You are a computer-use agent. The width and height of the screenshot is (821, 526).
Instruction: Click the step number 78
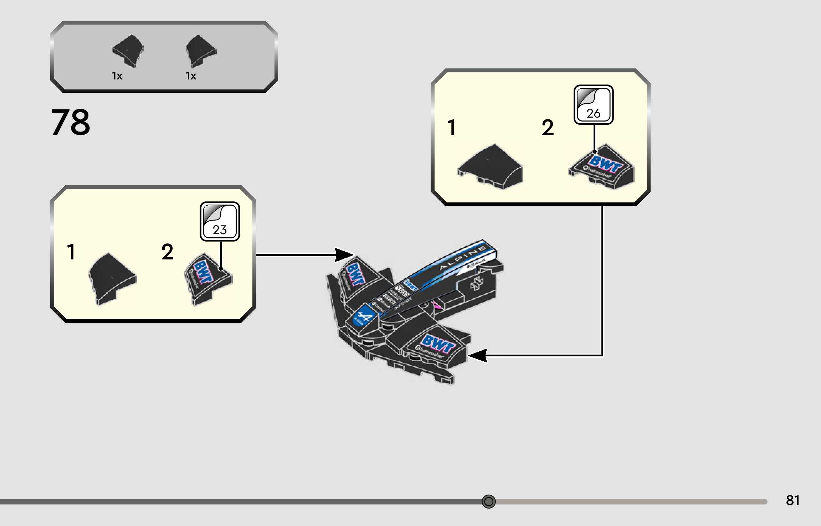click(71, 122)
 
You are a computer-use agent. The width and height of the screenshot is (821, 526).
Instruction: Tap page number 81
click(792, 500)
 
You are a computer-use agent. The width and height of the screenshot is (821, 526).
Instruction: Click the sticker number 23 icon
click(220, 221)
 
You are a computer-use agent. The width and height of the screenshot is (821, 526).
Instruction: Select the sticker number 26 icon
click(593, 104)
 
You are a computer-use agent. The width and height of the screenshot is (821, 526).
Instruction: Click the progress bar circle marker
click(488, 501)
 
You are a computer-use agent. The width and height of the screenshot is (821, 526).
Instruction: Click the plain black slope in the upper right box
click(491, 166)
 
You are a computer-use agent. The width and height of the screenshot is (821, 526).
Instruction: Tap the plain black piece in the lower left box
click(112, 278)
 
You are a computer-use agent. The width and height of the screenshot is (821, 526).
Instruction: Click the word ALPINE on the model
click(463, 258)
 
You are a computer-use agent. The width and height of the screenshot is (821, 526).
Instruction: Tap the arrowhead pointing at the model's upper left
click(344, 255)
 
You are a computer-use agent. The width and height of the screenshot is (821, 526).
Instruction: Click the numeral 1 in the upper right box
click(451, 128)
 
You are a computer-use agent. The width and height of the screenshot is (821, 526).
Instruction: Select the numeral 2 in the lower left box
click(167, 252)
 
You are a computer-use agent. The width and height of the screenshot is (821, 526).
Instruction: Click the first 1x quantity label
click(117, 76)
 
